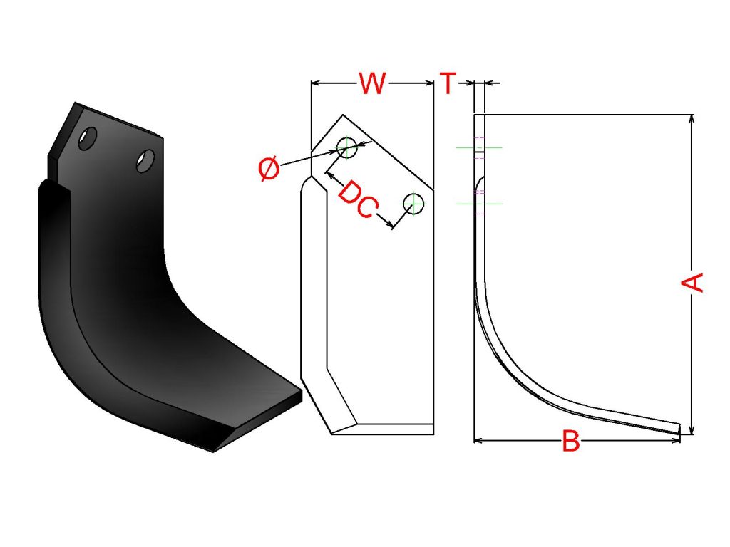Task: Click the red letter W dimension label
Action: coord(372,84)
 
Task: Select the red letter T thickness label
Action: coord(448,83)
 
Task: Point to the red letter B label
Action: coord(571,441)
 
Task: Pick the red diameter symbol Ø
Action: coord(269,168)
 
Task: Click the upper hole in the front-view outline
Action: coord(347,148)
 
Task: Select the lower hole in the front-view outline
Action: coord(413,204)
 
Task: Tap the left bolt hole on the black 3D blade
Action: coord(88,137)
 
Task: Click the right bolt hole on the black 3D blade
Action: coord(145,160)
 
